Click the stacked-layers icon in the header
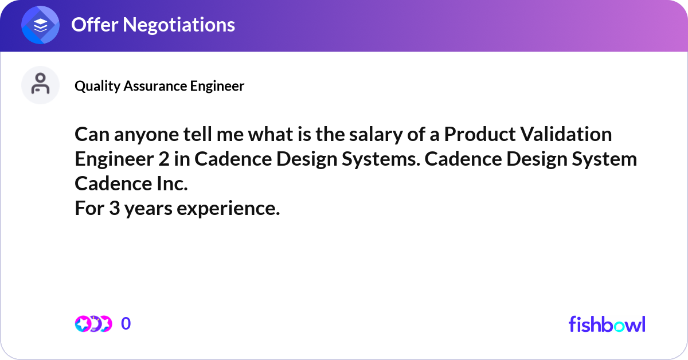pos(40,25)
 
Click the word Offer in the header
pos(95,25)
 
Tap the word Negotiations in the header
pos(179,25)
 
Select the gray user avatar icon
pos(40,85)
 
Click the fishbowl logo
pos(607,324)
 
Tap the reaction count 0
pos(126,324)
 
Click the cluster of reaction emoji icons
pos(93,324)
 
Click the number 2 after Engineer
pos(164,159)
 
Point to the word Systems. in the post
pos(381,160)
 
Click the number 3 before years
pos(114,208)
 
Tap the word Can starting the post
pos(92,135)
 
